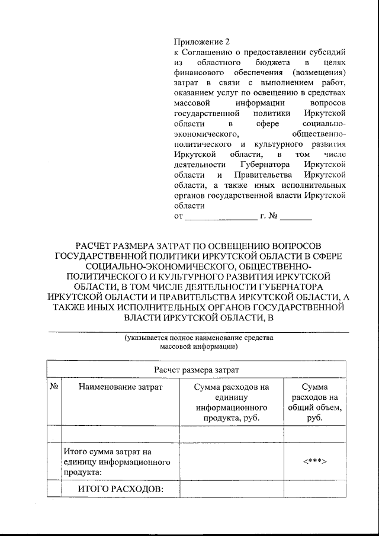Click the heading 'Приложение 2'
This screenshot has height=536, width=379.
201,41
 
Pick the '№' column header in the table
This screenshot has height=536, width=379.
54,387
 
